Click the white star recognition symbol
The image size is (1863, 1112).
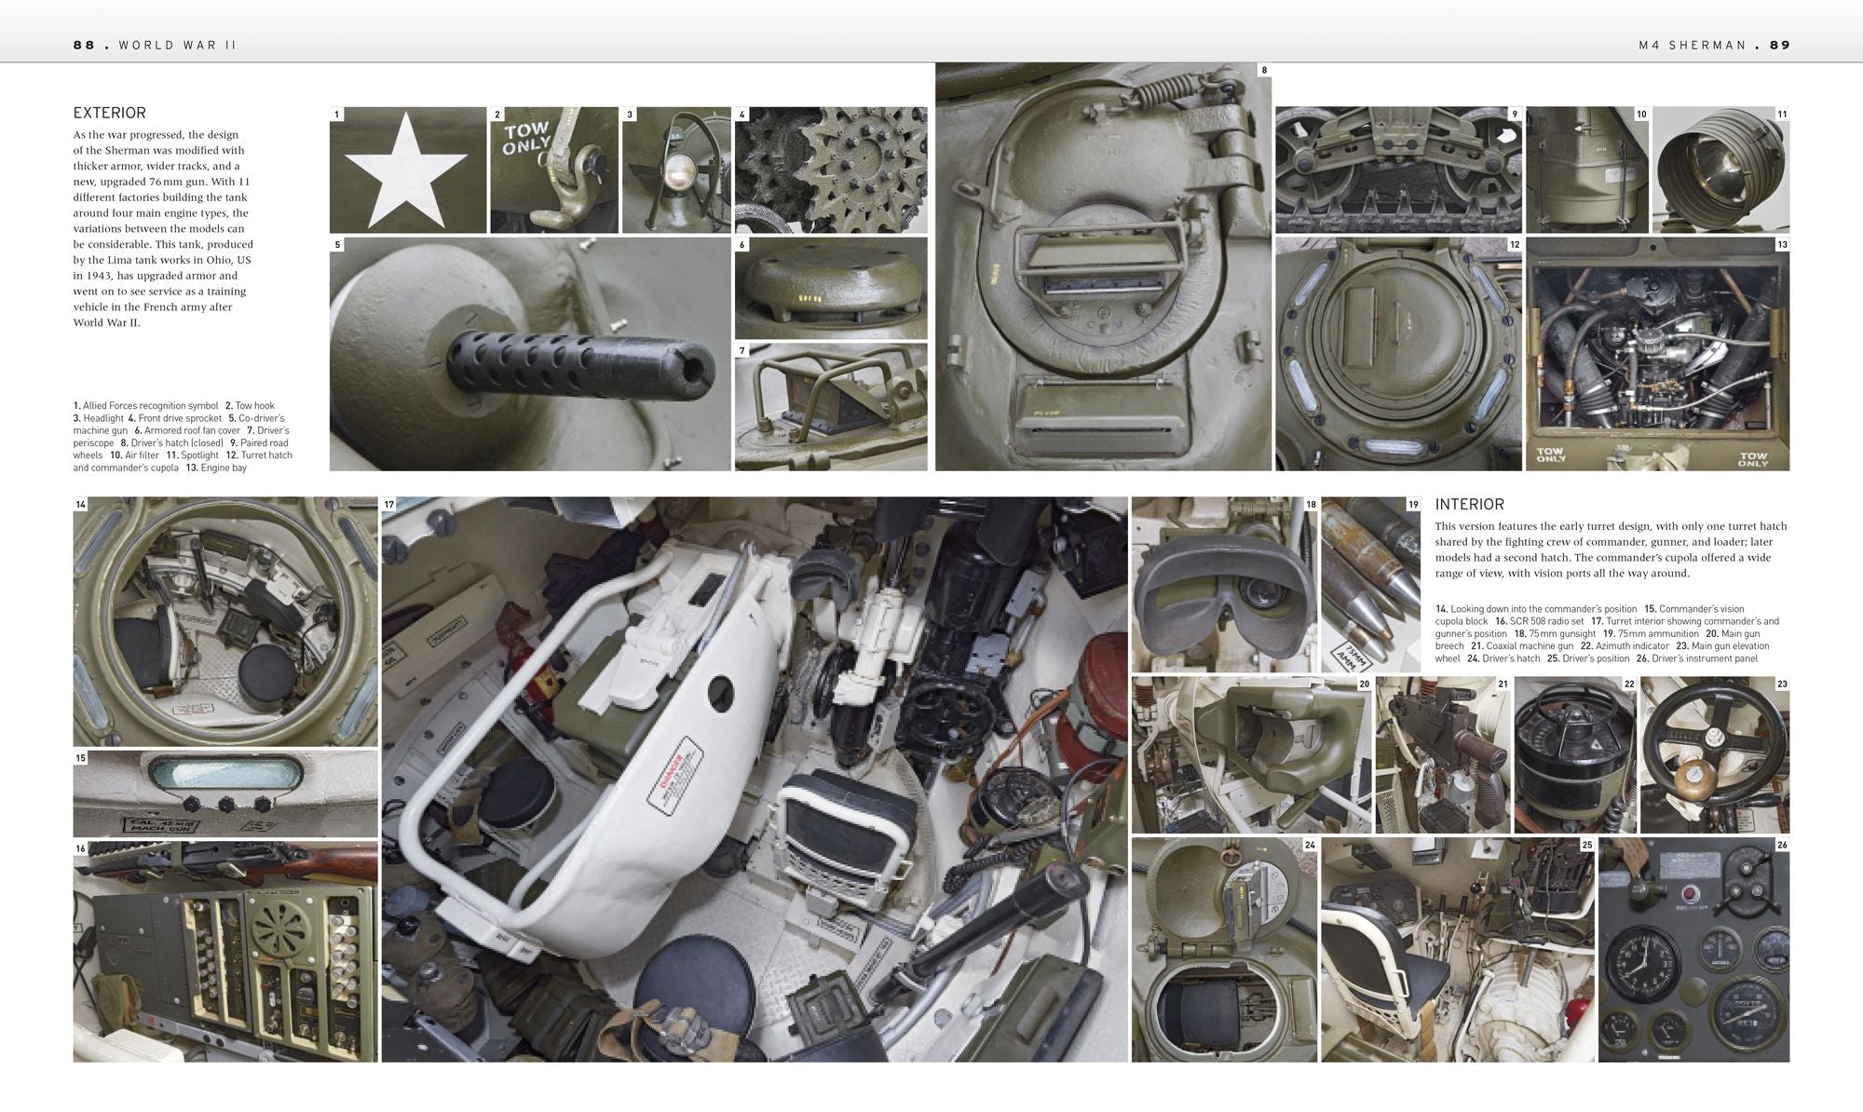[407, 168]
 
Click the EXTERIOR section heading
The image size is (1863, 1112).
[109, 113]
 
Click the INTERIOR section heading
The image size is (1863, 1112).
[1469, 504]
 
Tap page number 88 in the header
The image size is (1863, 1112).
[84, 45]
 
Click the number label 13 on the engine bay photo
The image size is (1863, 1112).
[1781, 245]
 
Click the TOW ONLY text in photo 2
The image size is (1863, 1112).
[526, 138]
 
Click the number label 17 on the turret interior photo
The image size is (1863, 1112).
[389, 505]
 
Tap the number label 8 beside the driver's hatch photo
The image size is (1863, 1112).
[1263, 70]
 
